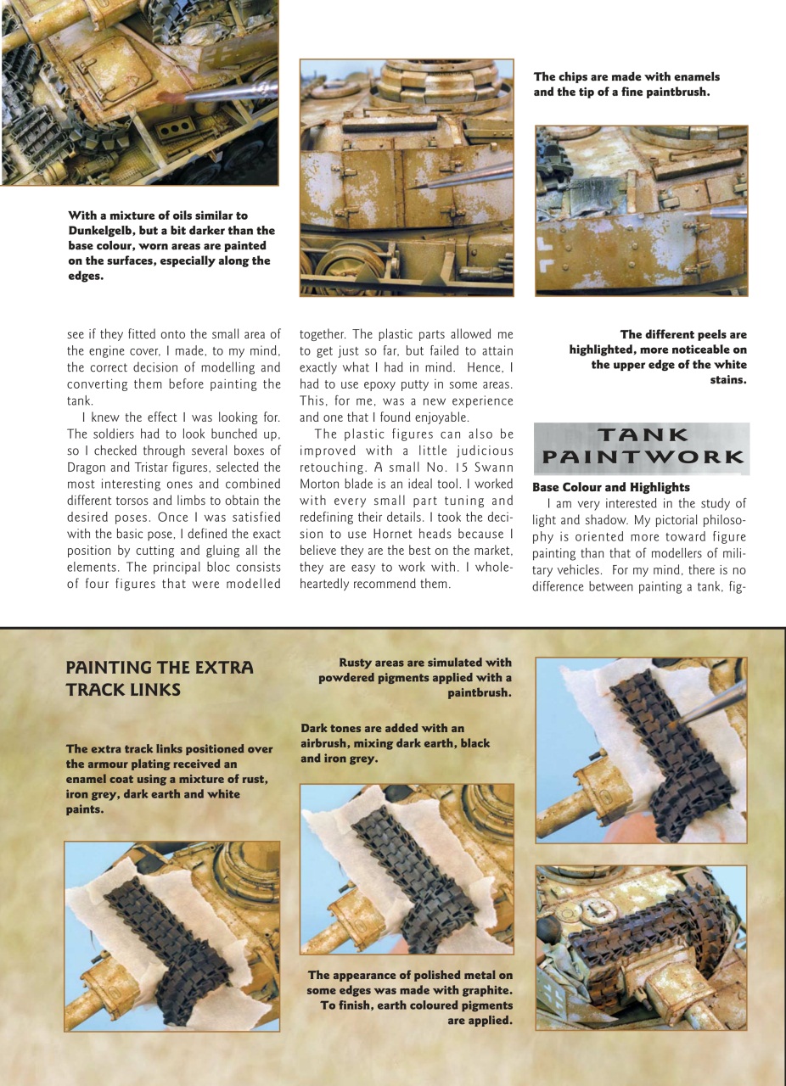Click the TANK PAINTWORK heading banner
tap(641, 447)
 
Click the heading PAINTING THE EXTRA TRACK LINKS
tap(160, 679)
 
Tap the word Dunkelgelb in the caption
tap(104, 231)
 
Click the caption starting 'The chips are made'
tap(626, 84)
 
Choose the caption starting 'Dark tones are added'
tap(395, 743)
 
